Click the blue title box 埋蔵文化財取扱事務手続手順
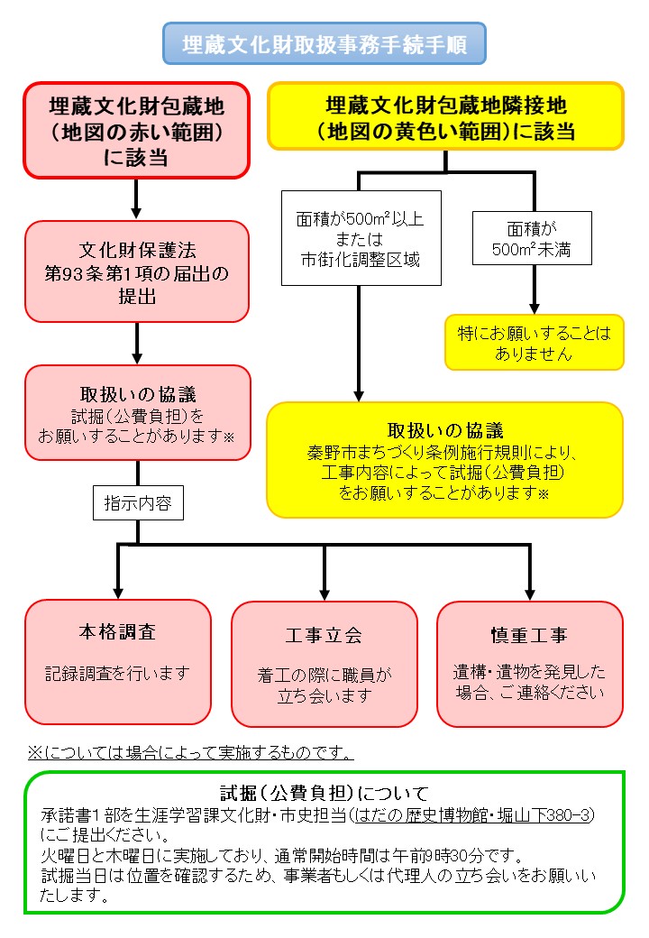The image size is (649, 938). pyautogui.click(x=324, y=44)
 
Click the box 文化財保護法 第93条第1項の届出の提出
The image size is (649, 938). pyautogui.click(x=136, y=271)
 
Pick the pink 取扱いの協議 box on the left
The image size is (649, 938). pyautogui.click(x=136, y=413)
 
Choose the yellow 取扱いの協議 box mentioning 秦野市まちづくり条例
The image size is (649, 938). pyautogui.click(x=445, y=459)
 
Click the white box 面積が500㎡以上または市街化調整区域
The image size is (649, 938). pyautogui.click(x=361, y=237)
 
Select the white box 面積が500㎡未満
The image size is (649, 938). pyautogui.click(x=532, y=237)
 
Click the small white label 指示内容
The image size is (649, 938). pyautogui.click(x=139, y=502)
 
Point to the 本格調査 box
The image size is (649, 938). pyautogui.click(x=118, y=661)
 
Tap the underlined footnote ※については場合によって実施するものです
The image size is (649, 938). pyautogui.click(x=190, y=751)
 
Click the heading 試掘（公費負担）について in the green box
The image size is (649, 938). pyautogui.click(x=324, y=794)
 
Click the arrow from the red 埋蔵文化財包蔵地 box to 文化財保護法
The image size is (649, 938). pyautogui.click(x=136, y=198)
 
